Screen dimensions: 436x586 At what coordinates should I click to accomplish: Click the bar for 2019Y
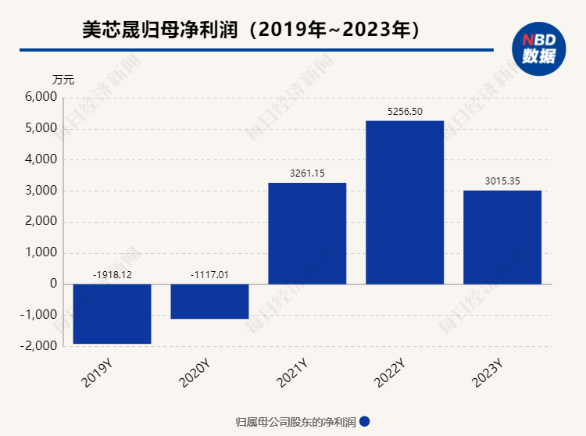point(112,313)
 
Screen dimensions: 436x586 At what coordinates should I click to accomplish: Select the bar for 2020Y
point(209,302)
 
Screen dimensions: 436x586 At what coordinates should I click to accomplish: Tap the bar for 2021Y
point(307,233)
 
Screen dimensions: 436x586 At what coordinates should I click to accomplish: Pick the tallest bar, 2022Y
point(405,202)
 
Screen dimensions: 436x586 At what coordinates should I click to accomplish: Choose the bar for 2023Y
point(502,237)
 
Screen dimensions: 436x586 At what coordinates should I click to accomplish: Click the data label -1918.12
point(112,275)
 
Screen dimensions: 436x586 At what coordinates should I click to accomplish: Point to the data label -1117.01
point(209,275)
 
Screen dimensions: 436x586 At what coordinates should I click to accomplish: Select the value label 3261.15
point(307,173)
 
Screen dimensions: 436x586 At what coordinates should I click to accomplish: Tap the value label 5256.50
point(405,112)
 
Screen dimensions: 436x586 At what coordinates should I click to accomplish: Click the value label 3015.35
point(502,181)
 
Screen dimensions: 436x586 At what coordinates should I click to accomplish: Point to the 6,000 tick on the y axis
point(41,98)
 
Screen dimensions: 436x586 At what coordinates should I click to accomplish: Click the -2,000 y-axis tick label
point(40,346)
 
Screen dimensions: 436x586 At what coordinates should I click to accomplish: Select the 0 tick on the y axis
point(53,284)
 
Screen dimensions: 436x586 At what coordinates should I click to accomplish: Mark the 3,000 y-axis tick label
point(41,191)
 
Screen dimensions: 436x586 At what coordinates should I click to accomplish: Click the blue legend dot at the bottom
point(364,422)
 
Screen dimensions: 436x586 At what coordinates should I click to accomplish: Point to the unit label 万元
point(63,79)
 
